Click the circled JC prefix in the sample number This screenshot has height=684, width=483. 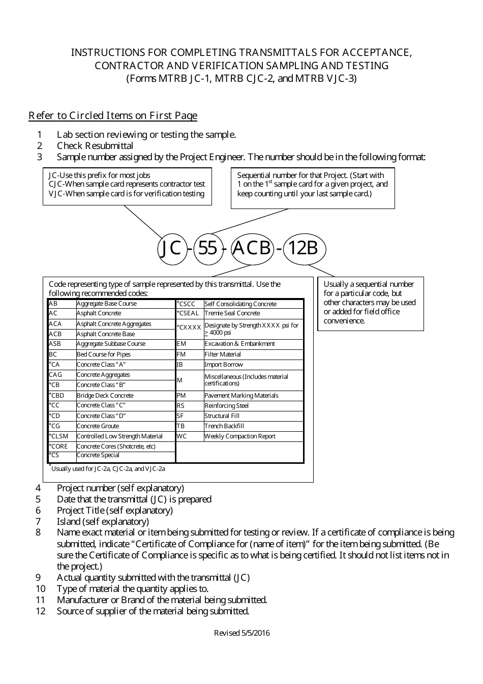(171, 248)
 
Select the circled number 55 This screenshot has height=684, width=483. (207, 248)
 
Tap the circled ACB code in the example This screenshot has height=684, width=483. (252, 248)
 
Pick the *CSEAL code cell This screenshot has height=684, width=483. (188, 313)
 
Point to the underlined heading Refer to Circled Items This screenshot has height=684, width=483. (113, 115)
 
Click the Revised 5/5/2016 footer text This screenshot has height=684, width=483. (242, 633)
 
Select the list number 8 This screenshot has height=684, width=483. (38, 532)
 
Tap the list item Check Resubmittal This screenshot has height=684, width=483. (95, 146)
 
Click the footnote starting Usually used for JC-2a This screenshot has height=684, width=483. (108, 469)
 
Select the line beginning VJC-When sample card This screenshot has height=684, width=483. (127, 194)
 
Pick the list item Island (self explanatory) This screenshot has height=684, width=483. (103, 521)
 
